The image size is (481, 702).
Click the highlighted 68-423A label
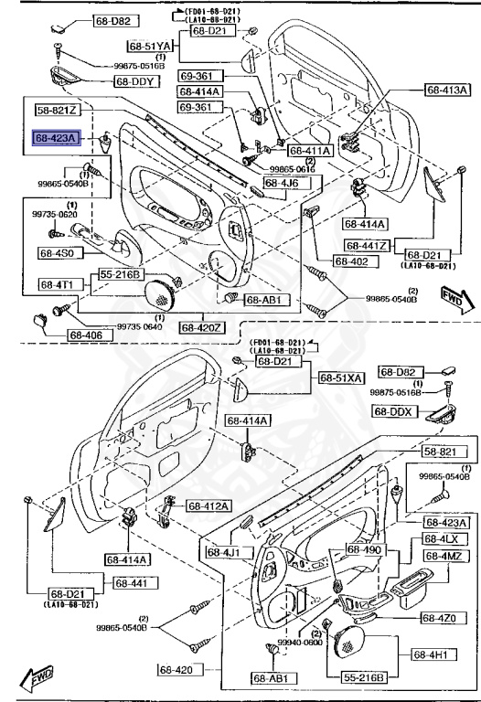click(58, 138)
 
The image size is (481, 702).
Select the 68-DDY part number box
click(136, 81)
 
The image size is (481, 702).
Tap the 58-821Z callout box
click(58, 111)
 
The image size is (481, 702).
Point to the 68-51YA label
click(150, 45)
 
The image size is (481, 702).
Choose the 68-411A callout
click(310, 151)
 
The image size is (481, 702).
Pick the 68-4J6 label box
click(287, 183)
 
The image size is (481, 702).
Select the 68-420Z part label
click(201, 327)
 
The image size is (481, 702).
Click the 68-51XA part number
click(340, 378)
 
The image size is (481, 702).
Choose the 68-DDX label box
click(395, 411)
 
